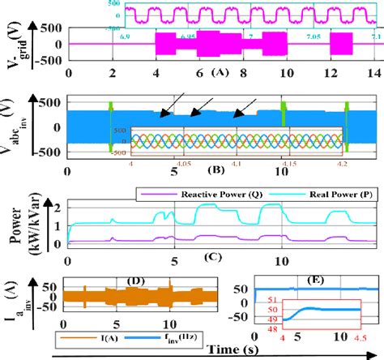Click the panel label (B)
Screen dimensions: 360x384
[216, 172]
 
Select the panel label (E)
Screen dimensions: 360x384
[316, 280]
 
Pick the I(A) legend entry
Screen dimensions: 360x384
[87, 336]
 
